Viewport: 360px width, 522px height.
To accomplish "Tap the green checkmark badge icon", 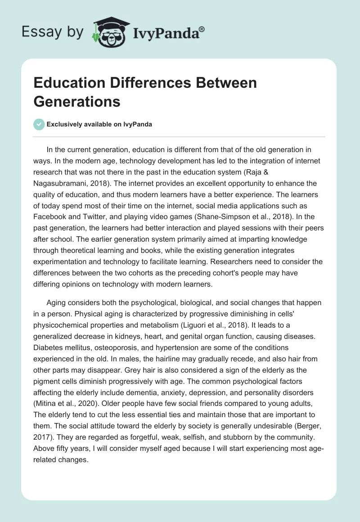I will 39,124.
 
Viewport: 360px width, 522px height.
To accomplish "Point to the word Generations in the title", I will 77,101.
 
